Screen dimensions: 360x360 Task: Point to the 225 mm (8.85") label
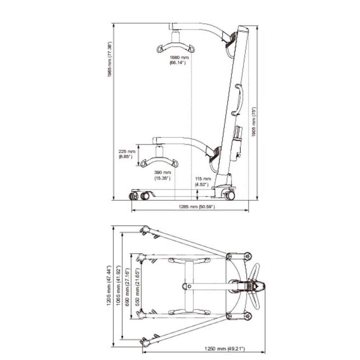coord(127,154)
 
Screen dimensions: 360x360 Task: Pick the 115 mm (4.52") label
coord(203,181)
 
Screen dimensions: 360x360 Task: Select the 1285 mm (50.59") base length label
coord(197,207)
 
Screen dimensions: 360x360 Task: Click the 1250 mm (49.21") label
coord(225,348)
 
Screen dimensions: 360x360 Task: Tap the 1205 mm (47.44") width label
coord(109,285)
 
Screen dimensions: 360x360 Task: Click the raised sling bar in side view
coord(175,47)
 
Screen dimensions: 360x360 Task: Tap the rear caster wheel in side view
coord(229,195)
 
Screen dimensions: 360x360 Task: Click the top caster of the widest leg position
coord(145,229)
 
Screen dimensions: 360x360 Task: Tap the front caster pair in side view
coord(139,195)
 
